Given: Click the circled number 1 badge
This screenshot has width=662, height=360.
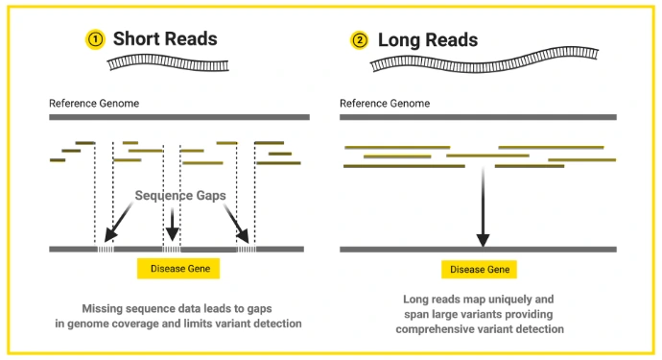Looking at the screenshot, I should (95, 40).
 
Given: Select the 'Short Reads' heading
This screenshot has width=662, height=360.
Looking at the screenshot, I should (165, 39).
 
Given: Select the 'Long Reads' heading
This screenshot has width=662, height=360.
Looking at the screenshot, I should (428, 40).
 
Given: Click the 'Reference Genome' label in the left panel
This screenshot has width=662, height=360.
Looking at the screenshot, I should (93, 103).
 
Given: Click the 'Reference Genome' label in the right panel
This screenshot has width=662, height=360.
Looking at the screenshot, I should (386, 103).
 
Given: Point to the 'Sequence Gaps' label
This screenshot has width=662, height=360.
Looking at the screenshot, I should (180, 195).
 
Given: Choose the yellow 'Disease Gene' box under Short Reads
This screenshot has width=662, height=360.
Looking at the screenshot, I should (179, 269).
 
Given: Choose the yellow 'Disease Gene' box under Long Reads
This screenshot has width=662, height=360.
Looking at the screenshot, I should (479, 270).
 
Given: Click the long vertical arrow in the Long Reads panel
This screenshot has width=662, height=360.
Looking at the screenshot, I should (484, 207).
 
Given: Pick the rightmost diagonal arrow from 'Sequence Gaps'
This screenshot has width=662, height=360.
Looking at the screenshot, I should (236, 225).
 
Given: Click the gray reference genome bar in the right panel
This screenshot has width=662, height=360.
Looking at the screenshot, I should (479, 116).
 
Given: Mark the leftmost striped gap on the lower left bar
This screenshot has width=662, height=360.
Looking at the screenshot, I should (104, 249).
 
